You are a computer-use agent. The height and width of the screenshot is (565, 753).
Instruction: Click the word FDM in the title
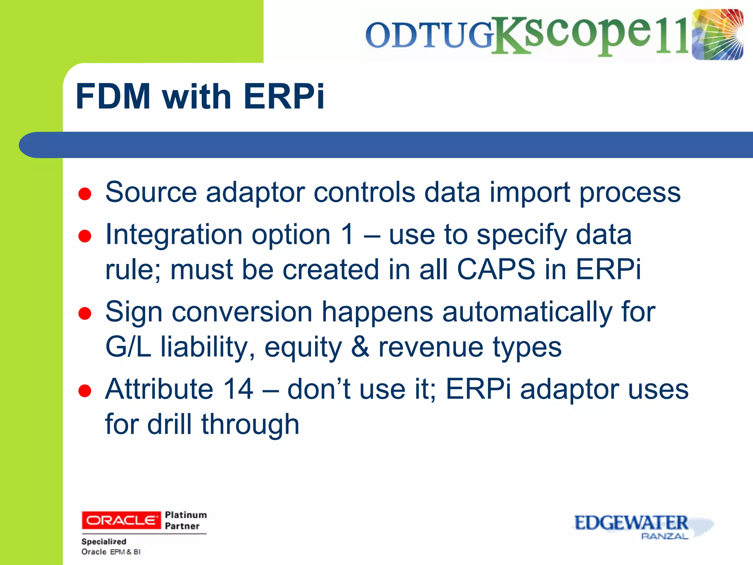click(113, 96)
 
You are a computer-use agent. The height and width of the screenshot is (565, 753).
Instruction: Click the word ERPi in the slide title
click(284, 96)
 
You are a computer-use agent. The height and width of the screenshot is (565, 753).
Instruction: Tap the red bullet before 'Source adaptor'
click(85, 194)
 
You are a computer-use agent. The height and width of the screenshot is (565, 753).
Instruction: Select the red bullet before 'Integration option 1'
click(85, 236)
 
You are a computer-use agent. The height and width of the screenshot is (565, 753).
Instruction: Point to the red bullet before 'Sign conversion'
click(85, 314)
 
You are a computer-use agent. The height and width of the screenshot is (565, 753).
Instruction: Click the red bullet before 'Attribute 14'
click(85, 391)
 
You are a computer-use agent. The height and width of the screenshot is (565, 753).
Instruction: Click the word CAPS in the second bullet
click(496, 269)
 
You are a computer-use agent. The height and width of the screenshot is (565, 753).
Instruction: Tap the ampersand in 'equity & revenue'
click(360, 347)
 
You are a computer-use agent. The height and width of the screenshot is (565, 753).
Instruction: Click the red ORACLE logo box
click(121, 520)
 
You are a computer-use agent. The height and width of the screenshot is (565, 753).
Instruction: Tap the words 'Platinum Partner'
click(186, 520)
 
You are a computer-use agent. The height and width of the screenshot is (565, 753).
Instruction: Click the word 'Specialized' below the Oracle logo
click(104, 541)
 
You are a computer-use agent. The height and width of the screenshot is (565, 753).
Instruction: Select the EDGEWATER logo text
click(631, 523)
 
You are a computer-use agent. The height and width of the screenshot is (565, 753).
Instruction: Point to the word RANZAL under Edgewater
click(664, 536)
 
